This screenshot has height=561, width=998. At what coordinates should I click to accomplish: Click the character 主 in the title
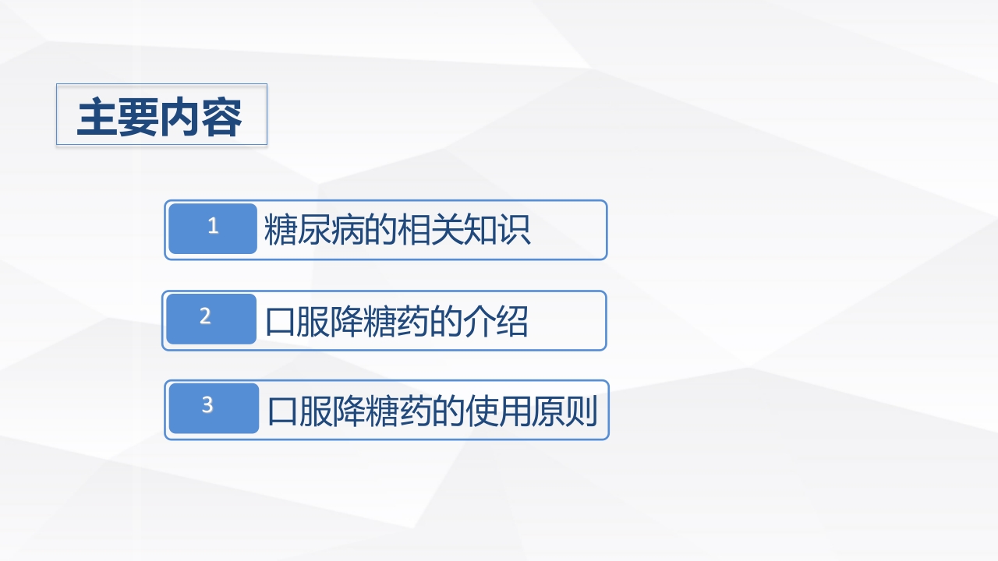click(x=97, y=118)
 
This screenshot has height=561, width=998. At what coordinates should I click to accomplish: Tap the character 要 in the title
click(x=138, y=118)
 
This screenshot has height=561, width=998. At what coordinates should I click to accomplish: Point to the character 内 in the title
click(x=179, y=118)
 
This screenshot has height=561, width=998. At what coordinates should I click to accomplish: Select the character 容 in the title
click(x=221, y=118)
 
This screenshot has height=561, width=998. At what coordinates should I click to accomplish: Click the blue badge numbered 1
click(x=213, y=228)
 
